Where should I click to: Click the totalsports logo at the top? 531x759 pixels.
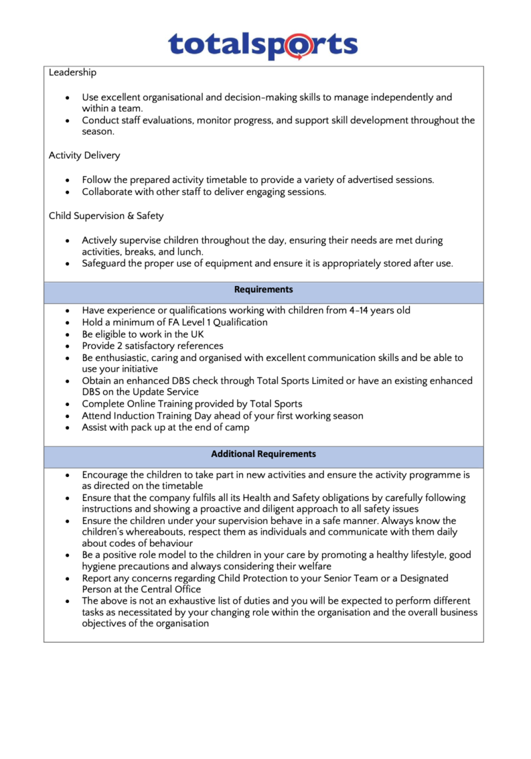263,45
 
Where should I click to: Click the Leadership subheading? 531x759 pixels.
72,72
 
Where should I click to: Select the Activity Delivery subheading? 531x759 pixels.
84,155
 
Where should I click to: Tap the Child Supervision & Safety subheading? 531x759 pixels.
106,216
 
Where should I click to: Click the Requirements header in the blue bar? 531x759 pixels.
264,290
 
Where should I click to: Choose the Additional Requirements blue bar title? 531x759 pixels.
264,454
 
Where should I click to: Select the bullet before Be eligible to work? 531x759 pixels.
68,334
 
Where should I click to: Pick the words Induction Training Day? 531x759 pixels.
167,416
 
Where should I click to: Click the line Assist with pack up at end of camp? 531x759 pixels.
166,428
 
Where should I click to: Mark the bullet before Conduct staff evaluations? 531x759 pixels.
68,121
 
